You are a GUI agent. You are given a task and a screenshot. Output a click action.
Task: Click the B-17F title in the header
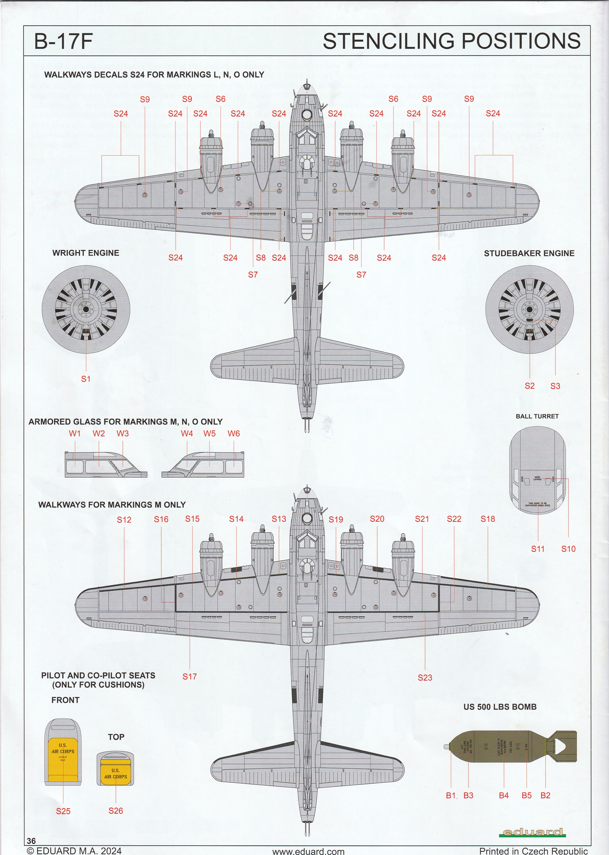63,42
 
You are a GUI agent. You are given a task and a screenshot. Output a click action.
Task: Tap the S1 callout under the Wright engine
86,379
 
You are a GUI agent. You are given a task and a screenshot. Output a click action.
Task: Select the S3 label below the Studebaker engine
555,386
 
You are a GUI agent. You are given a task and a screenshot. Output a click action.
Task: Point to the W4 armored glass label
187,434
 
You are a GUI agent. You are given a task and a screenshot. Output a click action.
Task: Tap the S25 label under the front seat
63,811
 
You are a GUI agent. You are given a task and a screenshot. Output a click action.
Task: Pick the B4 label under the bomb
504,795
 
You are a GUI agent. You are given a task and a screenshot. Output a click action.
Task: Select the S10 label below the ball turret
568,549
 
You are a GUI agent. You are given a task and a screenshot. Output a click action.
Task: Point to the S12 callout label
124,520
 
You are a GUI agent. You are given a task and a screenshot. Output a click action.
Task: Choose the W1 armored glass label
75,434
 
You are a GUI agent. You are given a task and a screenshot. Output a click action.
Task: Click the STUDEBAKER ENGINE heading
529,253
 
